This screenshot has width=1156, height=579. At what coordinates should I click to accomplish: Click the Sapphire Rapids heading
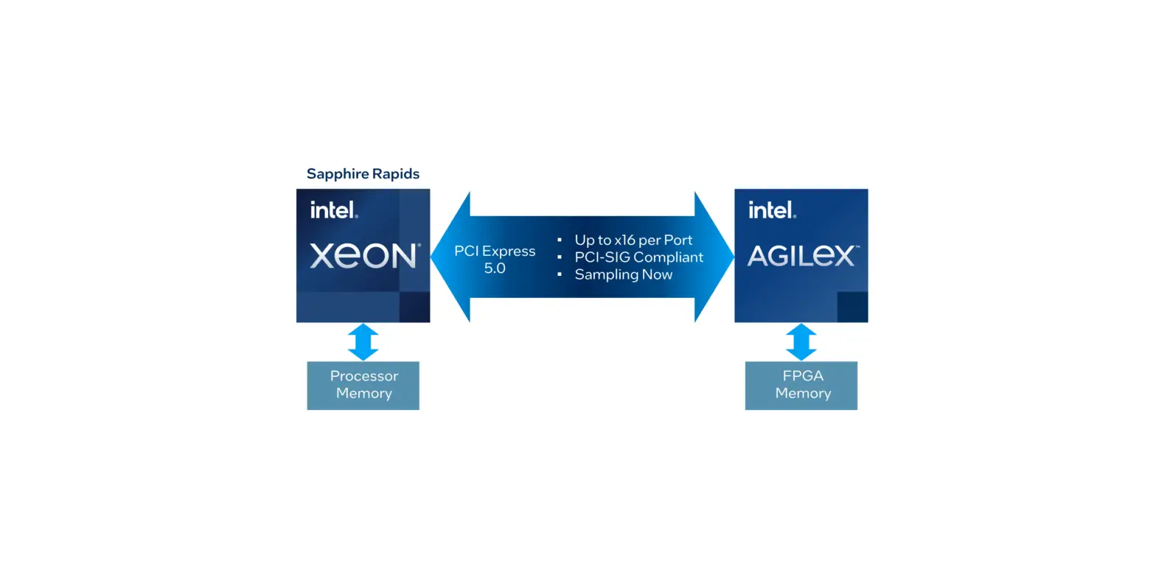pyautogui.click(x=363, y=174)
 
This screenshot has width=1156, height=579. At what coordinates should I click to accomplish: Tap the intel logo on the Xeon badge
pyautogui.click(x=334, y=210)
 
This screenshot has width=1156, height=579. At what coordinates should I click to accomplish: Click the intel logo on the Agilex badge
pyautogui.click(x=772, y=210)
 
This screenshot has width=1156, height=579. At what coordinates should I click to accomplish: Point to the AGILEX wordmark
pyautogui.click(x=801, y=256)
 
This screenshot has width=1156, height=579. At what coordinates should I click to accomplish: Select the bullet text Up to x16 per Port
pyautogui.click(x=633, y=240)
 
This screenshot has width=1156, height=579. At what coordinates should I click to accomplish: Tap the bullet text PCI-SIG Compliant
pyautogui.click(x=638, y=257)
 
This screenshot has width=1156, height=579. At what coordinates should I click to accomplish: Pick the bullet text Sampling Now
pyautogui.click(x=623, y=274)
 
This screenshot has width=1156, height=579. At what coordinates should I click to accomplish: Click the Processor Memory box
pyautogui.click(x=363, y=385)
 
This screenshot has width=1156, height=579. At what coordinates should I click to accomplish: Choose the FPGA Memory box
pyautogui.click(x=801, y=385)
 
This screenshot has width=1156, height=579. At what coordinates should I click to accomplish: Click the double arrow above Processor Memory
pyautogui.click(x=363, y=341)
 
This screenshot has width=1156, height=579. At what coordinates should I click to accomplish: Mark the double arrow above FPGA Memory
pyautogui.click(x=801, y=341)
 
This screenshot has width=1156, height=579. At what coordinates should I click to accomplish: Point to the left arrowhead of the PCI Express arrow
pyautogui.click(x=450, y=257)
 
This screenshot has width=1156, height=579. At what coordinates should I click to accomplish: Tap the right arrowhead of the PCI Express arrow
pyautogui.click(x=714, y=257)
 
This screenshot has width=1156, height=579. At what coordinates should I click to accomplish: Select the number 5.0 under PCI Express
pyautogui.click(x=495, y=268)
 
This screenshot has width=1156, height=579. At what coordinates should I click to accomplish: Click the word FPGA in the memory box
pyautogui.click(x=802, y=376)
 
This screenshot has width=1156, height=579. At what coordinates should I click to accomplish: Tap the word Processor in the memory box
pyautogui.click(x=363, y=376)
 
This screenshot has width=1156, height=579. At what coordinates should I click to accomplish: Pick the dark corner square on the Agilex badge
pyautogui.click(x=852, y=307)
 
